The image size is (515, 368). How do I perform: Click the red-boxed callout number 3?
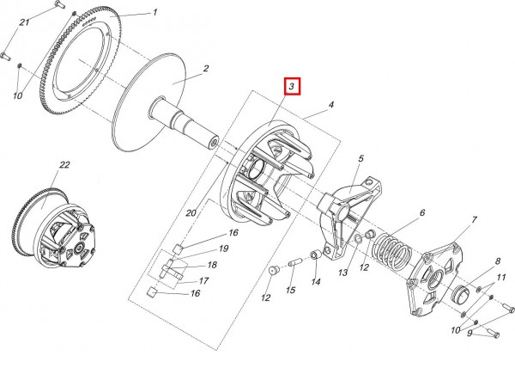[292, 87]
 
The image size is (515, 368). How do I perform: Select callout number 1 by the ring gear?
[155, 13]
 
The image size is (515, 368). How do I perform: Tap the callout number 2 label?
[206, 69]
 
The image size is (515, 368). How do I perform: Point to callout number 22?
[64, 164]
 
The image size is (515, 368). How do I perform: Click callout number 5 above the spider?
[361, 158]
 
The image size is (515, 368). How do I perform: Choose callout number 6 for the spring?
[422, 212]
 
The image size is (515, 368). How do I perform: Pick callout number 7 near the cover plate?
[475, 219]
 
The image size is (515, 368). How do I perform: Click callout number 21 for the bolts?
[24, 22]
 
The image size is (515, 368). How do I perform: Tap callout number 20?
[191, 213]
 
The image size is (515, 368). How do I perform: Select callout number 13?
[342, 273]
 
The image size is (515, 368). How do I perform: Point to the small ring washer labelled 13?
[359, 239]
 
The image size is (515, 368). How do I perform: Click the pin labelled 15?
[294, 263]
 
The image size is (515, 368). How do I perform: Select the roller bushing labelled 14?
[316, 255]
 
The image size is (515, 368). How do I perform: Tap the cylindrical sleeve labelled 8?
[462, 294]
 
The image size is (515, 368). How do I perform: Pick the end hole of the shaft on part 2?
[215, 143]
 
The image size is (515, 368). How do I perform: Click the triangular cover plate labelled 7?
[434, 279]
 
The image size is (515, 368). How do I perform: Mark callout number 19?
[223, 248]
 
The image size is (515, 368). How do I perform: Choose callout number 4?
[331, 105]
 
